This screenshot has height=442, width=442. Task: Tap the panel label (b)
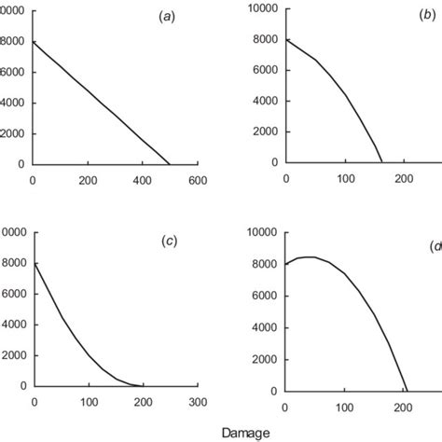point(429,16)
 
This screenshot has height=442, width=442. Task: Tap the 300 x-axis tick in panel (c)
point(198,401)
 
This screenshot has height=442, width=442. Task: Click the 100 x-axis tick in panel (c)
point(89,401)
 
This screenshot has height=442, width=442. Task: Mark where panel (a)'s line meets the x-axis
point(170,164)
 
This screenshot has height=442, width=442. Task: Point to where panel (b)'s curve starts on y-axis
point(285,39)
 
